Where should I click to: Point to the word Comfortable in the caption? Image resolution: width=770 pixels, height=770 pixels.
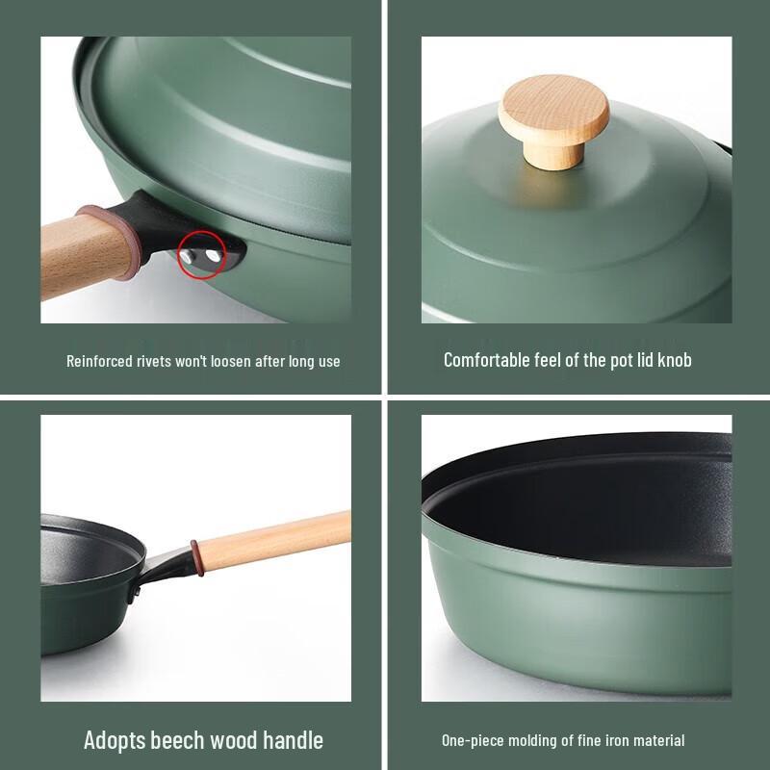click(486, 360)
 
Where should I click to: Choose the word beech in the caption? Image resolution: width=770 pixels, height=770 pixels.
click(176, 740)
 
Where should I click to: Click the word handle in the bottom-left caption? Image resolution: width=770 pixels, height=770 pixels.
click(292, 740)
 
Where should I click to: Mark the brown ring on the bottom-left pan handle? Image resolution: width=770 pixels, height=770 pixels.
click(196, 557)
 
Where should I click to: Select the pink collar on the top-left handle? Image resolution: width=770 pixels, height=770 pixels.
click(125, 241)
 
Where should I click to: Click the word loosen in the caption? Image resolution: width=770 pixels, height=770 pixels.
click(242, 361)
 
